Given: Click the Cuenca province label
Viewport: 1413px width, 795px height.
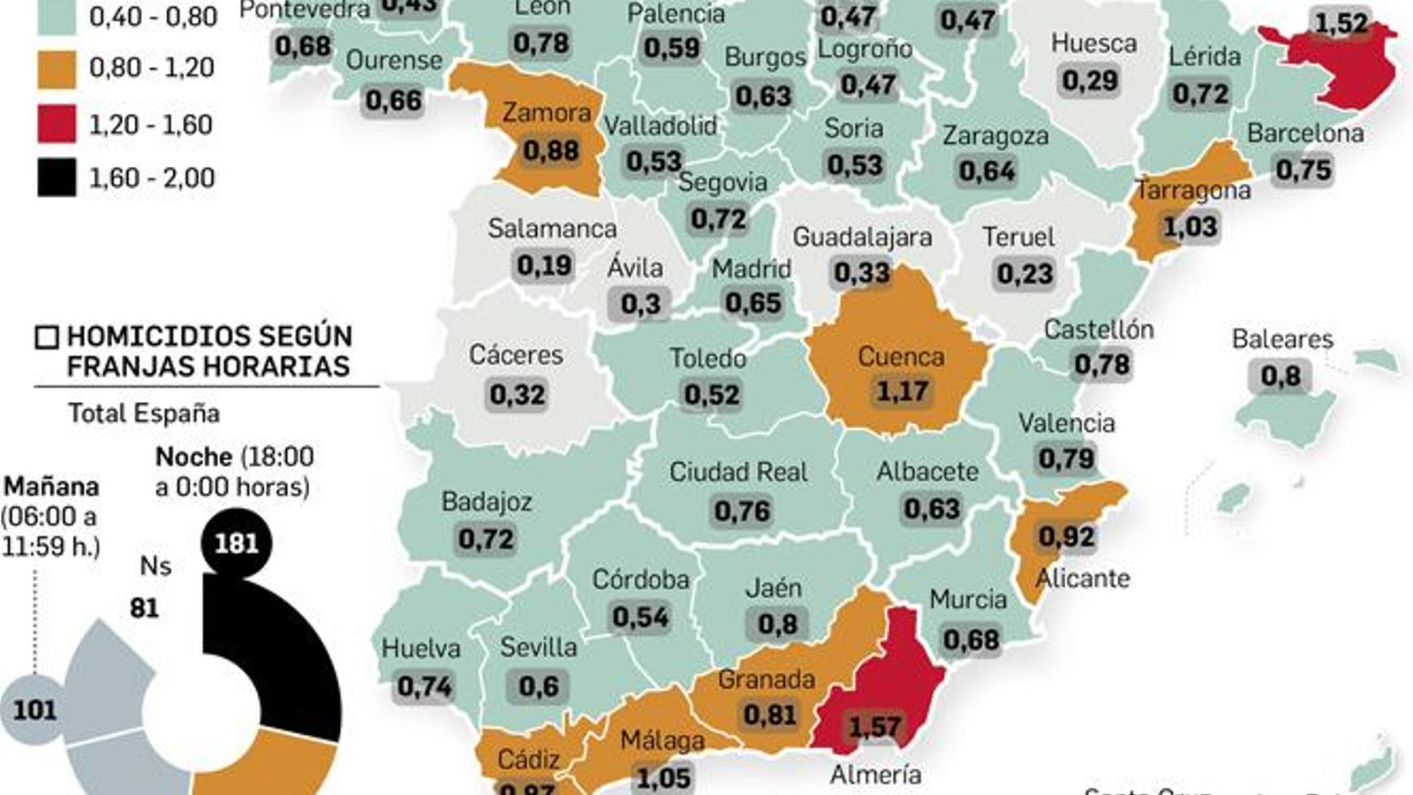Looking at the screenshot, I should pos(901,357).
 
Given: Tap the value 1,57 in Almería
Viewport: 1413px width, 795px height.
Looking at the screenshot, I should pos(874,727).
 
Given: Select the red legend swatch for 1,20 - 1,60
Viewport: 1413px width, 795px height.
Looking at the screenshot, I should pos(57,124).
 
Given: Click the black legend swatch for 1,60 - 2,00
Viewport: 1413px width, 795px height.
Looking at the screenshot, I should pos(57,178).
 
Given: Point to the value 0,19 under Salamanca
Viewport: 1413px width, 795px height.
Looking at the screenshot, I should pos(544,265).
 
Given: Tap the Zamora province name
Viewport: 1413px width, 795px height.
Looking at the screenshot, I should pos(547,113).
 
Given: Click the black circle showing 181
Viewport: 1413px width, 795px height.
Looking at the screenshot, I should pos(236,542).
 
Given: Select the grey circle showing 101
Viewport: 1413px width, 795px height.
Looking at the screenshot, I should pos(34,709).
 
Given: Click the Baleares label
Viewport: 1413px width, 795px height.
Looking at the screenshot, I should pos(1282,339).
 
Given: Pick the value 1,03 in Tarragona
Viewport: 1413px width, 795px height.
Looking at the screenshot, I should pos(1190,227).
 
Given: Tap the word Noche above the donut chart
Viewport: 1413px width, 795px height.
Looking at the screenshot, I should pos(193,457).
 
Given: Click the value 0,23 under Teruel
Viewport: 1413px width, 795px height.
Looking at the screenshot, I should pos(1024,274).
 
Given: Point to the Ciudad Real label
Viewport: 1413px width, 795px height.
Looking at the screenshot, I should pos(738,473).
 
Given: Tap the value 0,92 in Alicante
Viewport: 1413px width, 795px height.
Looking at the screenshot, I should pos(1066,536).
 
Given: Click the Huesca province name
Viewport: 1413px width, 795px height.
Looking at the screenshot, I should pos(1093,43).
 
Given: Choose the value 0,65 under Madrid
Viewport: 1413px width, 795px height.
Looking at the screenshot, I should pos(752,304).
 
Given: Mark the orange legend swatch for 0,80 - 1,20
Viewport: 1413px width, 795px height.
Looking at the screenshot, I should pos(57,68).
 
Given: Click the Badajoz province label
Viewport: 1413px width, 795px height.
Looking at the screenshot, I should pos(487,502).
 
